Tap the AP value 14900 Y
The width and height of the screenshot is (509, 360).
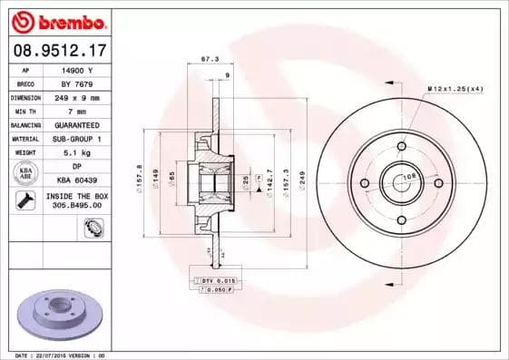[77, 69]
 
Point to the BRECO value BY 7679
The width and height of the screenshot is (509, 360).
[77, 83]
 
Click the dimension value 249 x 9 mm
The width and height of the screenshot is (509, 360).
[77, 96]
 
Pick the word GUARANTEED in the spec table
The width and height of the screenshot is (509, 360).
[77, 124]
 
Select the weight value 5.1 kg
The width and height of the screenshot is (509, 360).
[77, 152]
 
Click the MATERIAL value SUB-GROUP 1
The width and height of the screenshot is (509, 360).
[77, 138]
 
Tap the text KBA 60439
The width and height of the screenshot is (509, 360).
[77, 180]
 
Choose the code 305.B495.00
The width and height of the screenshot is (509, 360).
[77, 205]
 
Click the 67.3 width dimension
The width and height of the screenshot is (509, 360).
[207, 59]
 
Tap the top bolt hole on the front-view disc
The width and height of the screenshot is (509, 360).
[401, 146]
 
